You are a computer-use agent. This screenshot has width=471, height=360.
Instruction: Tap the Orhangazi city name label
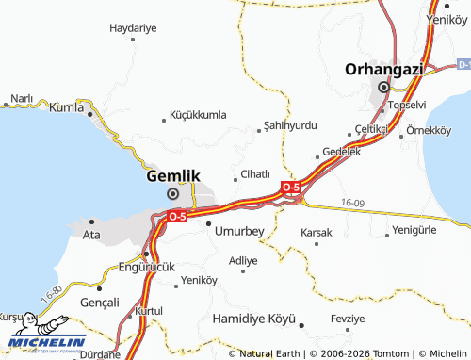pos(382,69)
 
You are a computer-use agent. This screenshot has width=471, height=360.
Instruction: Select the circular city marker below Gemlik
pos(172,193)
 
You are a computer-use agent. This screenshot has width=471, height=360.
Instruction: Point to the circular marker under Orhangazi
pos(383,88)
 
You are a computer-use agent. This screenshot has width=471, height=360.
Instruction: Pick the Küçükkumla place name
pos(198,115)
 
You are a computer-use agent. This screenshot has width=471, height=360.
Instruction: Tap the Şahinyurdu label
pos(291,125)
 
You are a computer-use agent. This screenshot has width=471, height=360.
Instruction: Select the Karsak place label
pos(317,232)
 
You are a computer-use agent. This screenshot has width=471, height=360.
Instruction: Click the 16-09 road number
pos(353,202)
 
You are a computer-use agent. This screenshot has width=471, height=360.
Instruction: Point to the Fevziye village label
pos(348,319)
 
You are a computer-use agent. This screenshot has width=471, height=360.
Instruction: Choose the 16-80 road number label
pos(51,293)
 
